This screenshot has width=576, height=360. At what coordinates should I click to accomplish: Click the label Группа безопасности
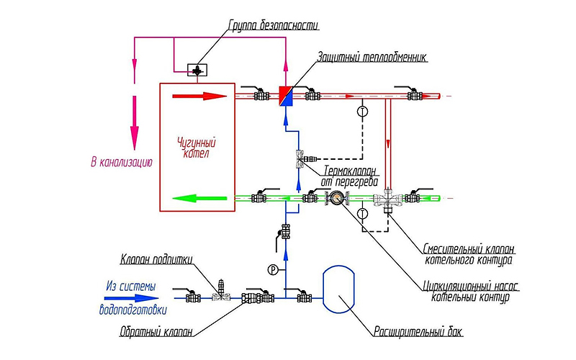pyautogui.click(x=274, y=25)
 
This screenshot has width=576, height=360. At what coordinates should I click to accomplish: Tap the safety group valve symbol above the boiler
pyautogui.click(x=197, y=70)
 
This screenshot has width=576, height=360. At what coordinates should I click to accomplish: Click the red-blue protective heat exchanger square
pyautogui.click(x=286, y=96)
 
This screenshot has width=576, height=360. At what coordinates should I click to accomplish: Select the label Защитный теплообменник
pyautogui.click(x=372, y=58)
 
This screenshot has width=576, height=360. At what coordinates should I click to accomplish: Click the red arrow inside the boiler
pyautogui.click(x=200, y=96)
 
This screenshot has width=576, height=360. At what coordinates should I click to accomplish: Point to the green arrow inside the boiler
pyautogui.click(x=199, y=199)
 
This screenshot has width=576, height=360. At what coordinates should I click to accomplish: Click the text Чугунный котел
pyautogui.click(x=197, y=147)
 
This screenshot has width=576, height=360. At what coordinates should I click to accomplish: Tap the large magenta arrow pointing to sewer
pyautogui.click(x=135, y=122)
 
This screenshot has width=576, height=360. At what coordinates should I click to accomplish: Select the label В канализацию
pyautogui.click(x=122, y=162)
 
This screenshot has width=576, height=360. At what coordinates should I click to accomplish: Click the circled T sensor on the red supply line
pyautogui.click(x=363, y=111)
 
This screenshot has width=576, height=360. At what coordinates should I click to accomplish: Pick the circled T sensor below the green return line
pyautogui.click(x=363, y=213)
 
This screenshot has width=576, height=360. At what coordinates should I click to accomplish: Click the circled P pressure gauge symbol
pyautogui.click(x=273, y=271)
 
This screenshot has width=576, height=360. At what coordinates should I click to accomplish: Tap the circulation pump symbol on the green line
pyautogui.click(x=336, y=199)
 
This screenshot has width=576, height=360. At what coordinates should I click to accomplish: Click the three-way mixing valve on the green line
pyautogui.click(x=387, y=199)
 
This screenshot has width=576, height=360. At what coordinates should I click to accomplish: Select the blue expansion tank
pyautogui.click(x=338, y=289)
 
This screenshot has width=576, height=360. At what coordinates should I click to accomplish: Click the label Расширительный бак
pyautogui.click(x=418, y=332)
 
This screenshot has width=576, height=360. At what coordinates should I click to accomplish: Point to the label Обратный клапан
pyautogui.click(x=156, y=332)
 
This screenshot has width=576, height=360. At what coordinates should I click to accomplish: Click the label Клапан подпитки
pyautogui.click(x=156, y=259)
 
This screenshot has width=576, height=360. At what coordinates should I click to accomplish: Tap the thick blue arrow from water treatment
pyautogui.click(x=132, y=299)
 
